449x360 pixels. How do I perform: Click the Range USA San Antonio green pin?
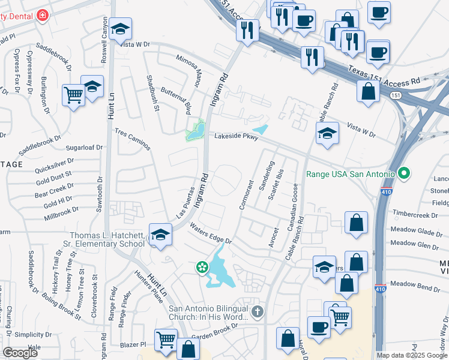[x=404, y=174]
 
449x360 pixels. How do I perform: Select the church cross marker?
[x=258, y=311]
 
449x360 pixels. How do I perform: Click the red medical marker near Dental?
[x=43, y=16]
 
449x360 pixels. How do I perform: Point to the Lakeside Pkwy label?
[x=237, y=137]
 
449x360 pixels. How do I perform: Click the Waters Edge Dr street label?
[x=211, y=233]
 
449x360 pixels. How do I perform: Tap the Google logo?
[x=20, y=353]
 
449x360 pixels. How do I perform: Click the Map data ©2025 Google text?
[x=412, y=355]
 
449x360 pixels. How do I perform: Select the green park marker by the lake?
[x=203, y=266]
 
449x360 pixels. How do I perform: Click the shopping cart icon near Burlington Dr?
[x=73, y=94]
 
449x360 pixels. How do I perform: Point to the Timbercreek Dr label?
[x=417, y=214]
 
